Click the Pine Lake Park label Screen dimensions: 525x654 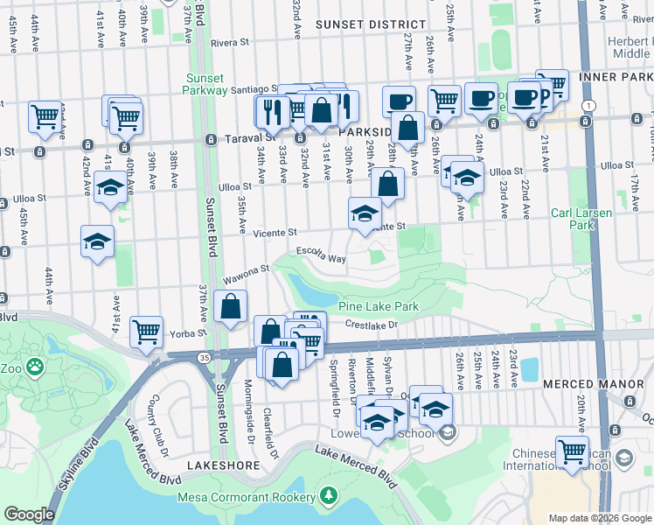point(379,307)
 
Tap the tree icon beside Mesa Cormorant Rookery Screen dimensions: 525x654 point(329,496)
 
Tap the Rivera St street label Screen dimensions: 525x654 point(230,41)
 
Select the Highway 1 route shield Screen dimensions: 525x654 point(590,106)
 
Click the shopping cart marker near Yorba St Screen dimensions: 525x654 point(146,332)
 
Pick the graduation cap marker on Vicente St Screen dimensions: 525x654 point(365,212)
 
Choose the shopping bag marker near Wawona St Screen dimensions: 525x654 point(230,307)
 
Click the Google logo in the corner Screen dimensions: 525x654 point(29,514)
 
